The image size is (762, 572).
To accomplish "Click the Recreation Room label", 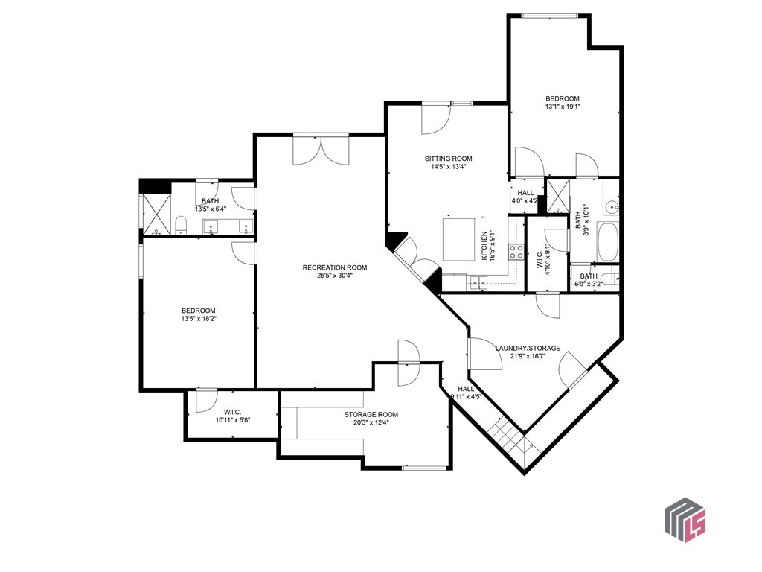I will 334,267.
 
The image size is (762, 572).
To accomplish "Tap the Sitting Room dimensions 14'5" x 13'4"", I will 448,167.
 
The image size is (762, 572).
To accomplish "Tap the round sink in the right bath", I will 610,206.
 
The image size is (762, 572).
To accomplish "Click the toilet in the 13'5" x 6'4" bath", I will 180,225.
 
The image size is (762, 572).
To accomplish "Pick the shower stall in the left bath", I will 156,213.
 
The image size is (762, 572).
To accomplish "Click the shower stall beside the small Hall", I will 557,196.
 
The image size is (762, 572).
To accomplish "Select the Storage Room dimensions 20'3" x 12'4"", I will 371,423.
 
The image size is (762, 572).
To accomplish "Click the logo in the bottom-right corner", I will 685,521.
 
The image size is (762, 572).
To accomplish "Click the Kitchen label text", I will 484,245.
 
